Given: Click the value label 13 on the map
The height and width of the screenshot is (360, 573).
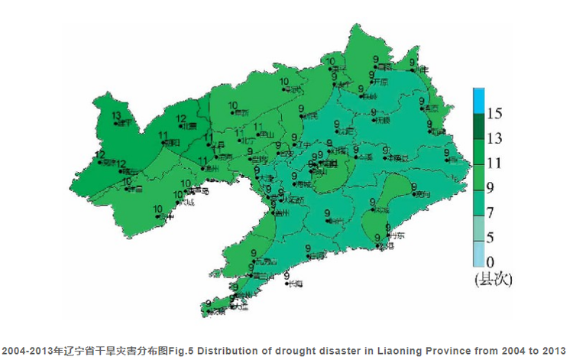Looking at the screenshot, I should click(x=116, y=116).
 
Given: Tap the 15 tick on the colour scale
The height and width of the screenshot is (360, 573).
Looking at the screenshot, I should click(x=494, y=114).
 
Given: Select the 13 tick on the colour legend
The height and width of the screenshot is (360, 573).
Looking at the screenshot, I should click(x=494, y=138).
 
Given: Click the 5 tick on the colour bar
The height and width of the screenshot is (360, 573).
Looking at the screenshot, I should click(x=494, y=237).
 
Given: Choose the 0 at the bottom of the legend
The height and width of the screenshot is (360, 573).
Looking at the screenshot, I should click(x=494, y=261).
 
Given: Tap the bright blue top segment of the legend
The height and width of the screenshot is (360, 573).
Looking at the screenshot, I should click(x=478, y=100).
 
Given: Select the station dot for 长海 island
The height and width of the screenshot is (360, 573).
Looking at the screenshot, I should click(x=286, y=284).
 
